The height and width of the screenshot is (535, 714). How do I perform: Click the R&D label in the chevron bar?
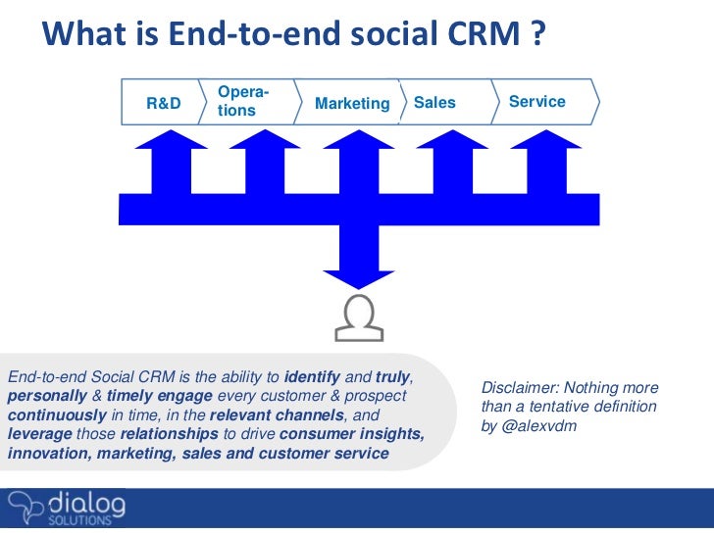[x=163, y=103]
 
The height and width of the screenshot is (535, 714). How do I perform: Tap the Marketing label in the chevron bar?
[x=352, y=104]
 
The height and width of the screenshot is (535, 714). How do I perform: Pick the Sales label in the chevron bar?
[x=434, y=102]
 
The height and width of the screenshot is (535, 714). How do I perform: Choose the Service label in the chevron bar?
[x=537, y=102]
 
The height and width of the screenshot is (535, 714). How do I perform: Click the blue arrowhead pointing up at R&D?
[x=172, y=140]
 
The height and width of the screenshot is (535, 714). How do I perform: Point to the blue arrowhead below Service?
[x=547, y=140]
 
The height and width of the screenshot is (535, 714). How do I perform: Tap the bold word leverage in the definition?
[x=38, y=434]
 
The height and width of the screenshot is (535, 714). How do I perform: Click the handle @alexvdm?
[x=545, y=425]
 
